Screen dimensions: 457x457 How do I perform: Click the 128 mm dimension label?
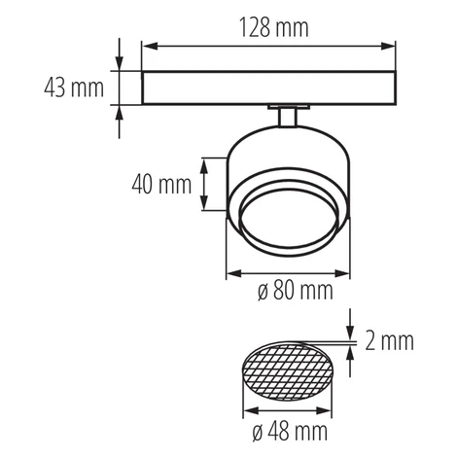274,28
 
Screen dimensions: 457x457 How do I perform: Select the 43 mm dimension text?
74,88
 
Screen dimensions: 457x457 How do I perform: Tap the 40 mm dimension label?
161,184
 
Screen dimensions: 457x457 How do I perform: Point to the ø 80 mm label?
296,290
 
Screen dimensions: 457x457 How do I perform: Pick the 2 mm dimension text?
390,341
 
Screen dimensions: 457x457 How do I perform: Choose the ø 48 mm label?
290,432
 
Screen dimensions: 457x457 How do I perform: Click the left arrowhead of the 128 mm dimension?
150,47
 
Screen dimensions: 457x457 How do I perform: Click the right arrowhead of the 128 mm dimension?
388,47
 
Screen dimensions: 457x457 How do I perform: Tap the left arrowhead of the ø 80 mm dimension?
234,273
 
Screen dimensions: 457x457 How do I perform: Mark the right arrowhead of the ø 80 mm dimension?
342,273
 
